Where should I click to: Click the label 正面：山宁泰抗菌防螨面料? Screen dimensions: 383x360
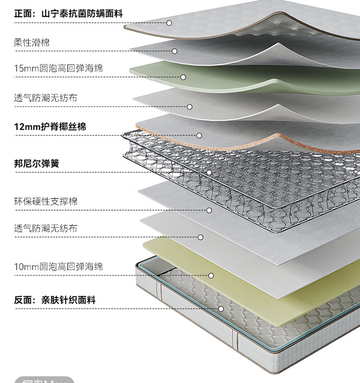(x=68, y=13)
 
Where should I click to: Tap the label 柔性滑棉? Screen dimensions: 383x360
(x=32, y=43)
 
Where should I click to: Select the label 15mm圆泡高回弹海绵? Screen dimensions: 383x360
(x=58, y=69)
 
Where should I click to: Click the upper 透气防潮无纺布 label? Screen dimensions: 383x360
(x=45, y=98)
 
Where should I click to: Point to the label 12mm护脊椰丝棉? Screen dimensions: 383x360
(x=50, y=127)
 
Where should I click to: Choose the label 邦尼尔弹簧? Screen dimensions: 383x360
(x=36, y=163)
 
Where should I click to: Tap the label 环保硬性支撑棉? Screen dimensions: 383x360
(x=45, y=201)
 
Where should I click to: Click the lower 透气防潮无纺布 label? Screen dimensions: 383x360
(x=45, y=228)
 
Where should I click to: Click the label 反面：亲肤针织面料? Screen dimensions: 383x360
(x=55, y=300)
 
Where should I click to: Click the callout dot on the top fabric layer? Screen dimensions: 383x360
(x=169, y=23)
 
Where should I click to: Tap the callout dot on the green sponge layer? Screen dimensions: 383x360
(x=183, y=77)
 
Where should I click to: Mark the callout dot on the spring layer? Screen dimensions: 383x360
(x=209, y=172)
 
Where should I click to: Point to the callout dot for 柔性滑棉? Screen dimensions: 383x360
(x=175, y=51)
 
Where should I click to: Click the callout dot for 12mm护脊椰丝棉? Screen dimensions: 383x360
(x=199, y=136)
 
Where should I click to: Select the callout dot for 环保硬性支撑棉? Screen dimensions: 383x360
(x=209, y=210)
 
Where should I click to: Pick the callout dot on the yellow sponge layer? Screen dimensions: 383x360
(x=211, y=275)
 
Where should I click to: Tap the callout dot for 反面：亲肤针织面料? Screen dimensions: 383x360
(x=221, y=309)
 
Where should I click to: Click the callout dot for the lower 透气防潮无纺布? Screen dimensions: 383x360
(x=201, y=237)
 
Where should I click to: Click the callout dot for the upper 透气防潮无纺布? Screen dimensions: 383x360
(x=190, y=107)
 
